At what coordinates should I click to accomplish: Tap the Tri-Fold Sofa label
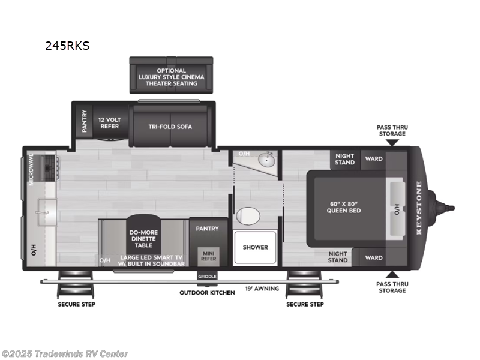(171, 127)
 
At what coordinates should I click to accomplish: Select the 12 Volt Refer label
(109, 123)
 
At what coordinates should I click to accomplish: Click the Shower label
(255, 247)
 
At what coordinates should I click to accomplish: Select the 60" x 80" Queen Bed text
(343, 206)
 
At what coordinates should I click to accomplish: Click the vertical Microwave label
(31, 169)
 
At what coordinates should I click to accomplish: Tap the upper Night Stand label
(345, 159)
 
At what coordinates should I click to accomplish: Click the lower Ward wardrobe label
(374, 258)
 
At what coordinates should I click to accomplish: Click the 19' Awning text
(262, 289)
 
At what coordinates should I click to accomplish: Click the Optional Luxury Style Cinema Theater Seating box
(171, 77)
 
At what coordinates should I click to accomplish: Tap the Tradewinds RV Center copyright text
(65, 354)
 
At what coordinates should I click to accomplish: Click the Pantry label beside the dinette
(207, 229)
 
